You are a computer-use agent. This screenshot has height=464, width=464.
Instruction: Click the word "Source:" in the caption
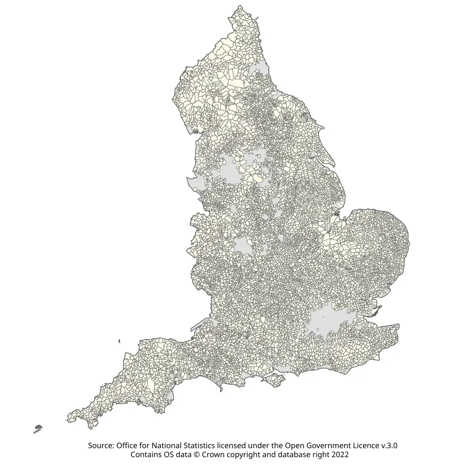click(x=101, y=445)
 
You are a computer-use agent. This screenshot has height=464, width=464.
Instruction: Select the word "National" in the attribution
click(x=169, y=445)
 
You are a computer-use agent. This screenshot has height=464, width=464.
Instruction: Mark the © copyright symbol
click(x=195, y=454)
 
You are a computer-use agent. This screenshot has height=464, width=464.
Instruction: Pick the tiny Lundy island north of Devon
click(x=119, y=341)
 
